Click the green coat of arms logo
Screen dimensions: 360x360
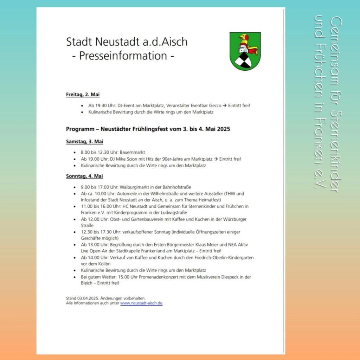point(245,51)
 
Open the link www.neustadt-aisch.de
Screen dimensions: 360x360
point(141,303)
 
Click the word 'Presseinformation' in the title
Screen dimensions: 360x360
point(123,56)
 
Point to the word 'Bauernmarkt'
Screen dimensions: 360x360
point(133,152)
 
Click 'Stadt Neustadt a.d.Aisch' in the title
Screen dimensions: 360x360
point(127,41)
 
